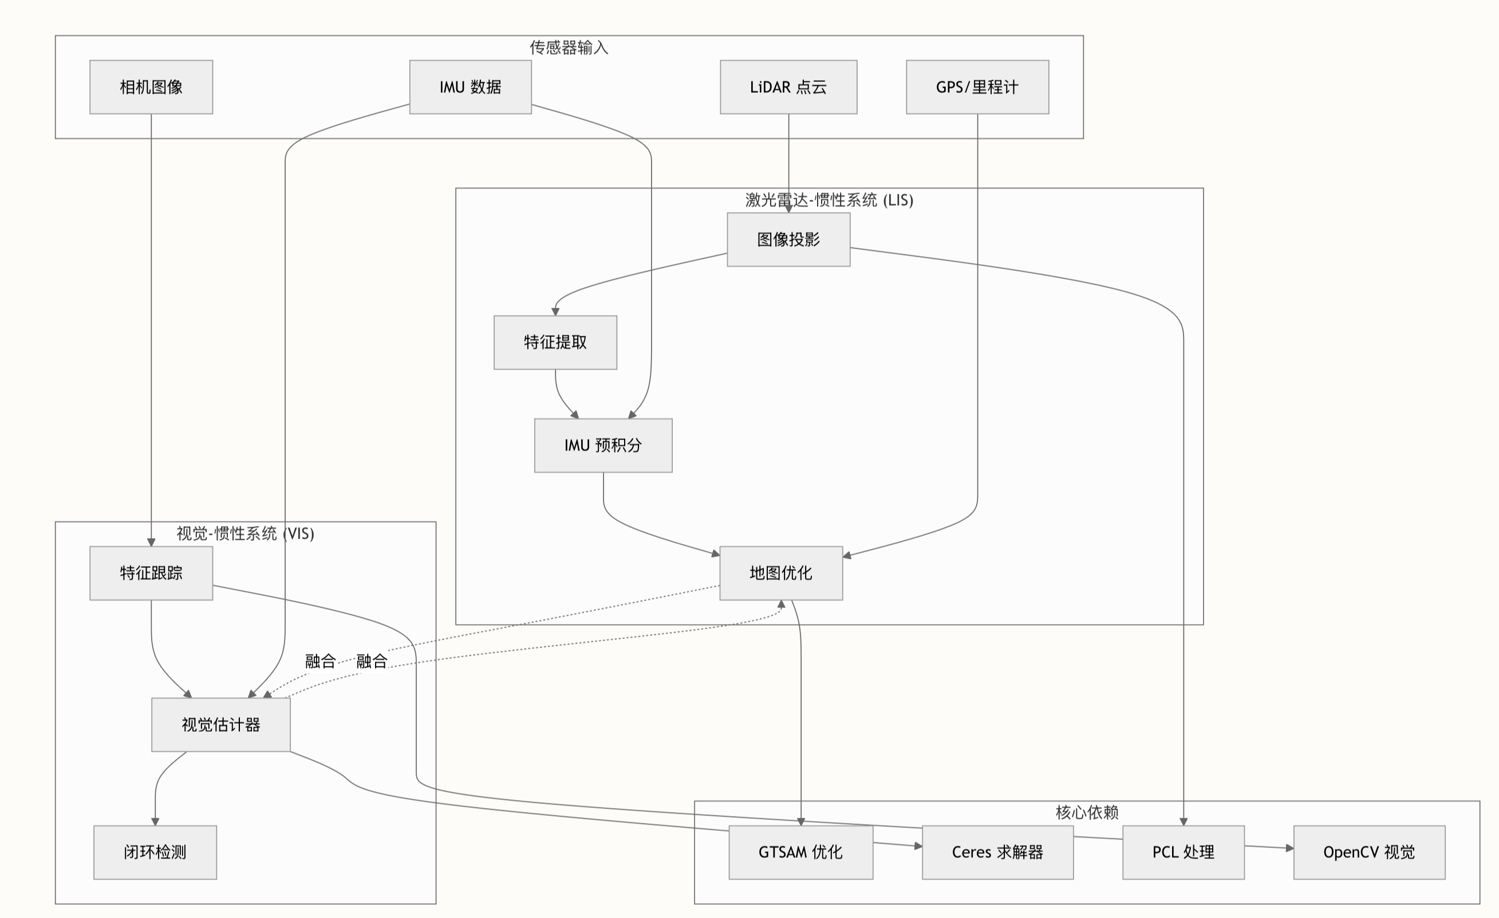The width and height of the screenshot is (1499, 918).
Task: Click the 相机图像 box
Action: coord(151,87)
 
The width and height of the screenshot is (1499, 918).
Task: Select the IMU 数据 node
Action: coord(470,87)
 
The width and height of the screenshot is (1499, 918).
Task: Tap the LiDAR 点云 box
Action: coord(788,87)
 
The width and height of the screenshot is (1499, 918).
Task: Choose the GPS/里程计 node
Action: coord(977,87)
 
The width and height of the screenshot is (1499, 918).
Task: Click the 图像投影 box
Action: coord(788,239)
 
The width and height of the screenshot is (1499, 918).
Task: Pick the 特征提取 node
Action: coord(555,342)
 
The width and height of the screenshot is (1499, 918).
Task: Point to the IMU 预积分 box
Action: coord(603,445)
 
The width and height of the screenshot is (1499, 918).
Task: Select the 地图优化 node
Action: coord(780,573)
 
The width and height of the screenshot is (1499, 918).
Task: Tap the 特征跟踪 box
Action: coord(151,573)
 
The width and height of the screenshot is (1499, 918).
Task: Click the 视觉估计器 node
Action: coord(221,724)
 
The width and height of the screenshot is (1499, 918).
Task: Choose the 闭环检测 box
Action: coord(155,852)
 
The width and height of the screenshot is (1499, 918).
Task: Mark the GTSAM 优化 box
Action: coord(800,852)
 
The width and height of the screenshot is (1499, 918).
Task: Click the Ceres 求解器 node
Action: coord(997,852)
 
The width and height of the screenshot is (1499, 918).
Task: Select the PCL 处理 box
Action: coord(1184,852)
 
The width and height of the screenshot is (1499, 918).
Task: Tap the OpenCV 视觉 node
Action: coord(1369,852)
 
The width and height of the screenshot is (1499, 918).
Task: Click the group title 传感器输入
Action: coord(569,48)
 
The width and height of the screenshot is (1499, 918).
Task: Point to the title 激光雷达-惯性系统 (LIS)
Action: coord(829,199)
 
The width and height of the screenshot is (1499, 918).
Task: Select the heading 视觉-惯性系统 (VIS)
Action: coord(245,533)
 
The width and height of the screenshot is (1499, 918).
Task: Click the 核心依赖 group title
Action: coord(1087,812)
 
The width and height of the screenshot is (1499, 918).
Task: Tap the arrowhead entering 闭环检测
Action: coord(155,822)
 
